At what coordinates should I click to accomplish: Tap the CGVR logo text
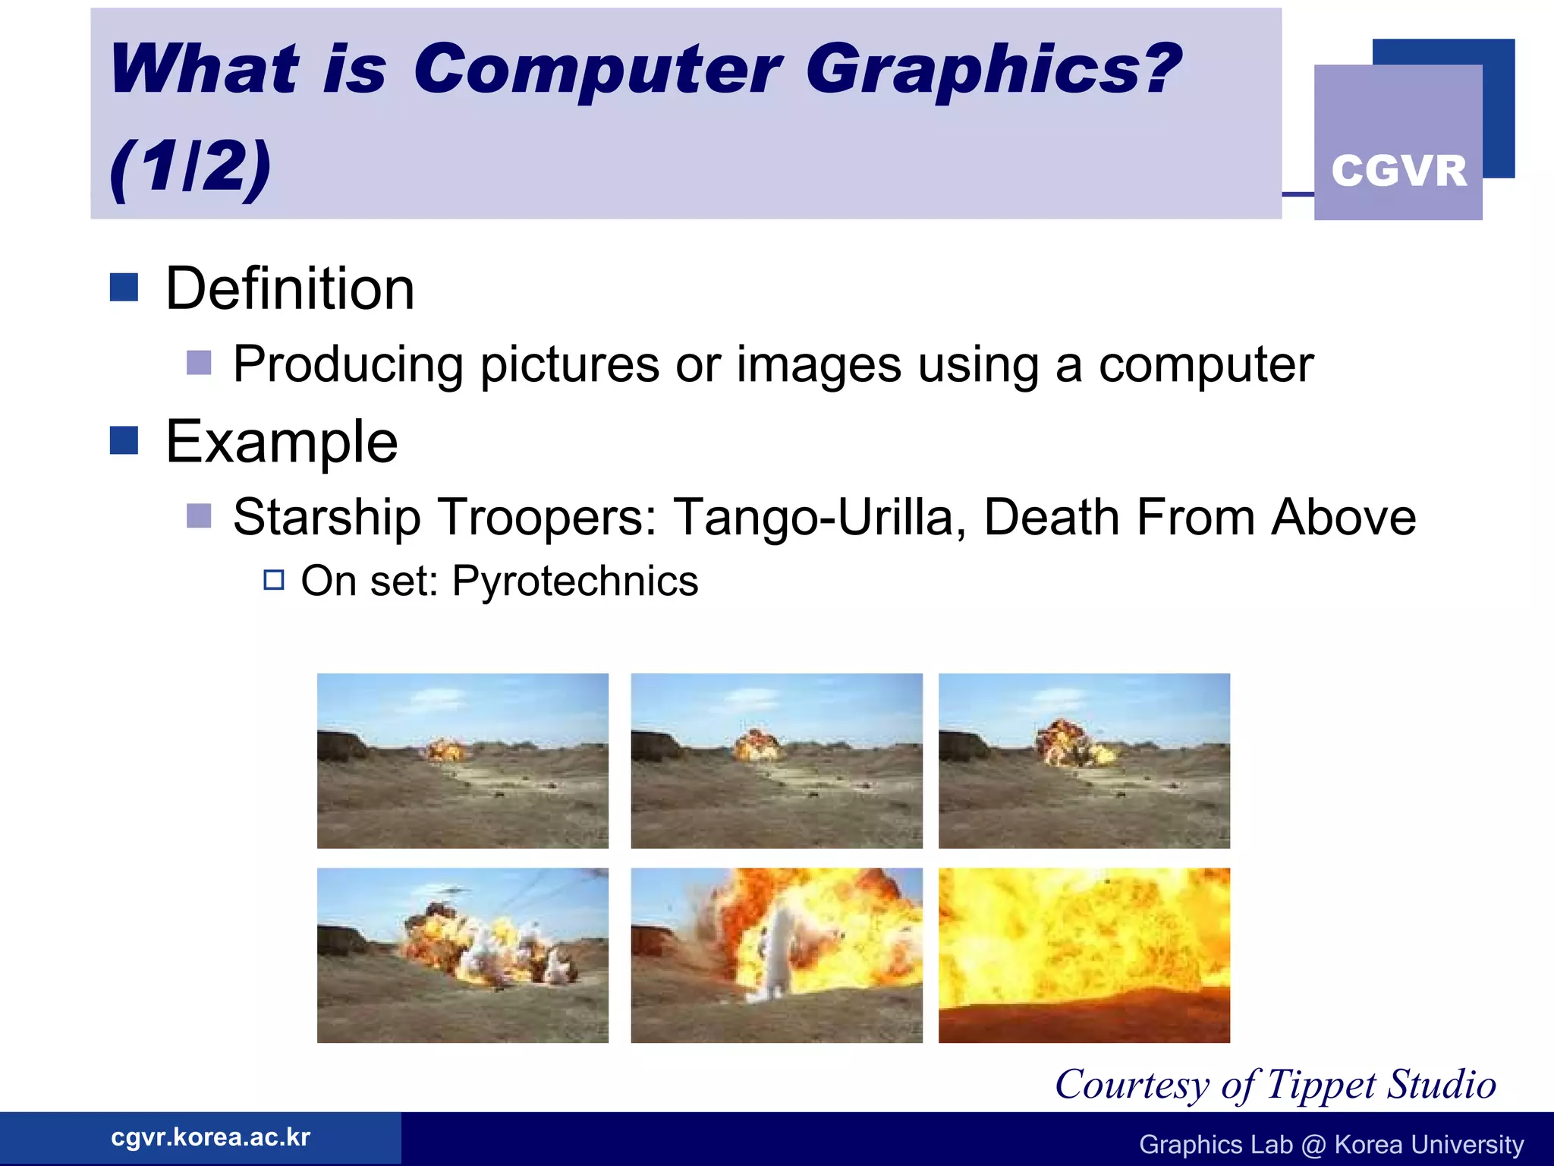pyautogui.click(x=1398, y=171)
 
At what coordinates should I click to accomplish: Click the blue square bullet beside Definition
pyautogui.click(x=124, y=288)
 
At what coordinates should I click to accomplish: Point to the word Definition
pyautogui.click(x=290, y=289)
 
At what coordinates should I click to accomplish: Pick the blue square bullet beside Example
pyautogui.click(x=124, y=440)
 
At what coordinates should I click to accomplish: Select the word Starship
pyautogui.click(x=326, y=518)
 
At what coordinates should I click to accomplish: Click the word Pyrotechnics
pyautogui.click(x=574, y=581)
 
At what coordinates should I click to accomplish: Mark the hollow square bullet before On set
pyautogui.click(x=274, y=581)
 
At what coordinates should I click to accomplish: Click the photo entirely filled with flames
pyautogui.click(x=1084, y=955)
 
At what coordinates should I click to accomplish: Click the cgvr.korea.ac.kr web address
pyautogui.click(x=210, y=1137)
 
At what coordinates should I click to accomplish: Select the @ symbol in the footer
pyautogui.click(x=1313, y=1145)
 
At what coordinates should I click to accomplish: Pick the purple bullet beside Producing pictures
pyautogui.click(x=199, y=363)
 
